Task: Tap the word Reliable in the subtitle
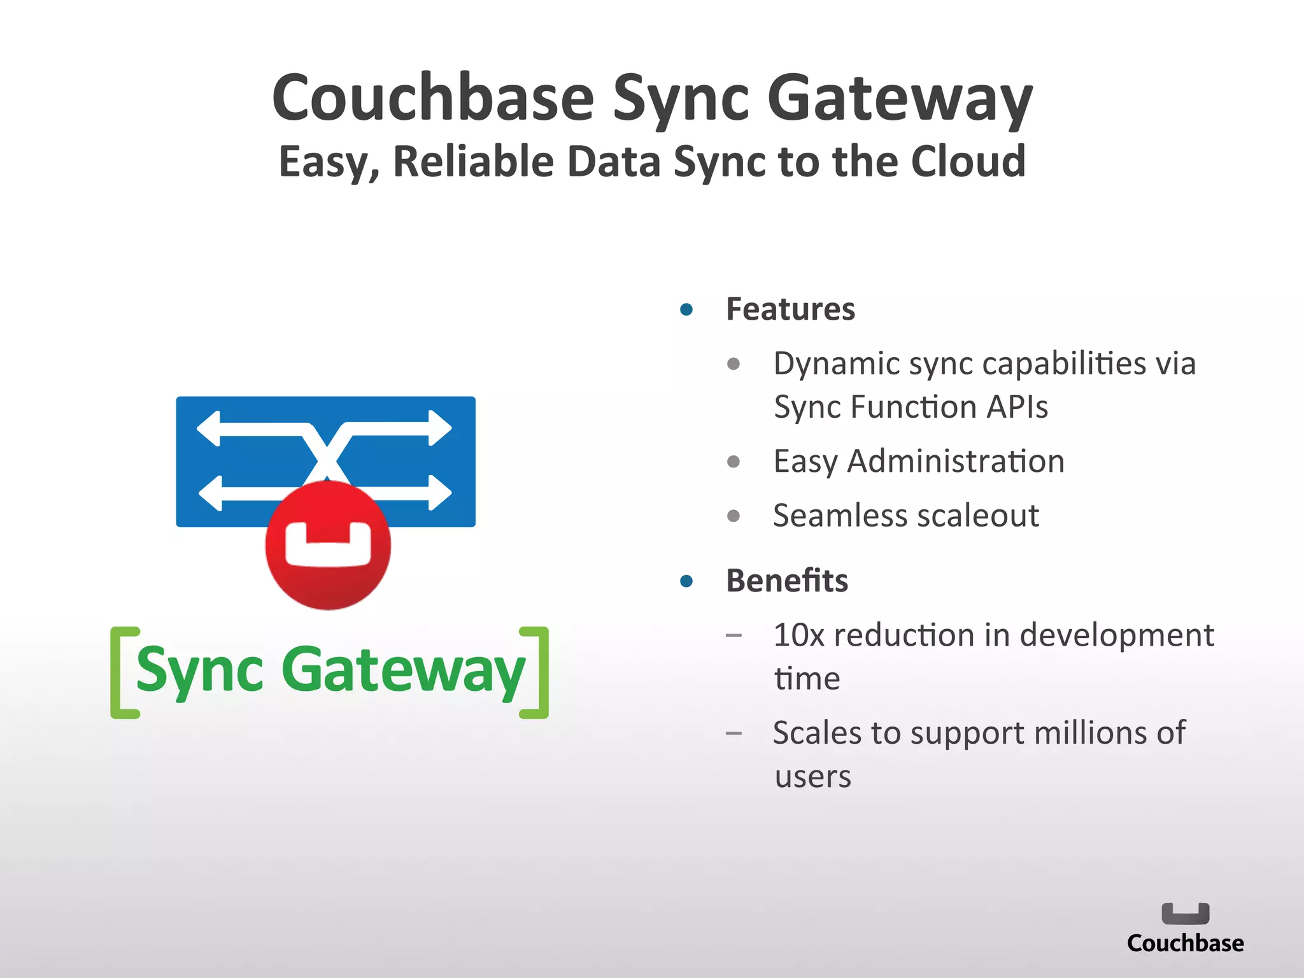coord(474,161)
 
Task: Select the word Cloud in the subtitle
coord(968,161)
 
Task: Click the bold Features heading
coord(790,309)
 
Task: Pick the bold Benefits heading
coord(787,581)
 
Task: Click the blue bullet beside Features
coord(686,310)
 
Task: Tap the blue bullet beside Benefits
coord(686,581)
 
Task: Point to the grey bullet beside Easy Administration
coord(733,462)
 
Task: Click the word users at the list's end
coord(813,777)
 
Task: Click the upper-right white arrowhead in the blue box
coord(440,428)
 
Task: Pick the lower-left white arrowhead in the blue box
coord(210,493)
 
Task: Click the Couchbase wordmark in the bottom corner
coord(1185,943)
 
